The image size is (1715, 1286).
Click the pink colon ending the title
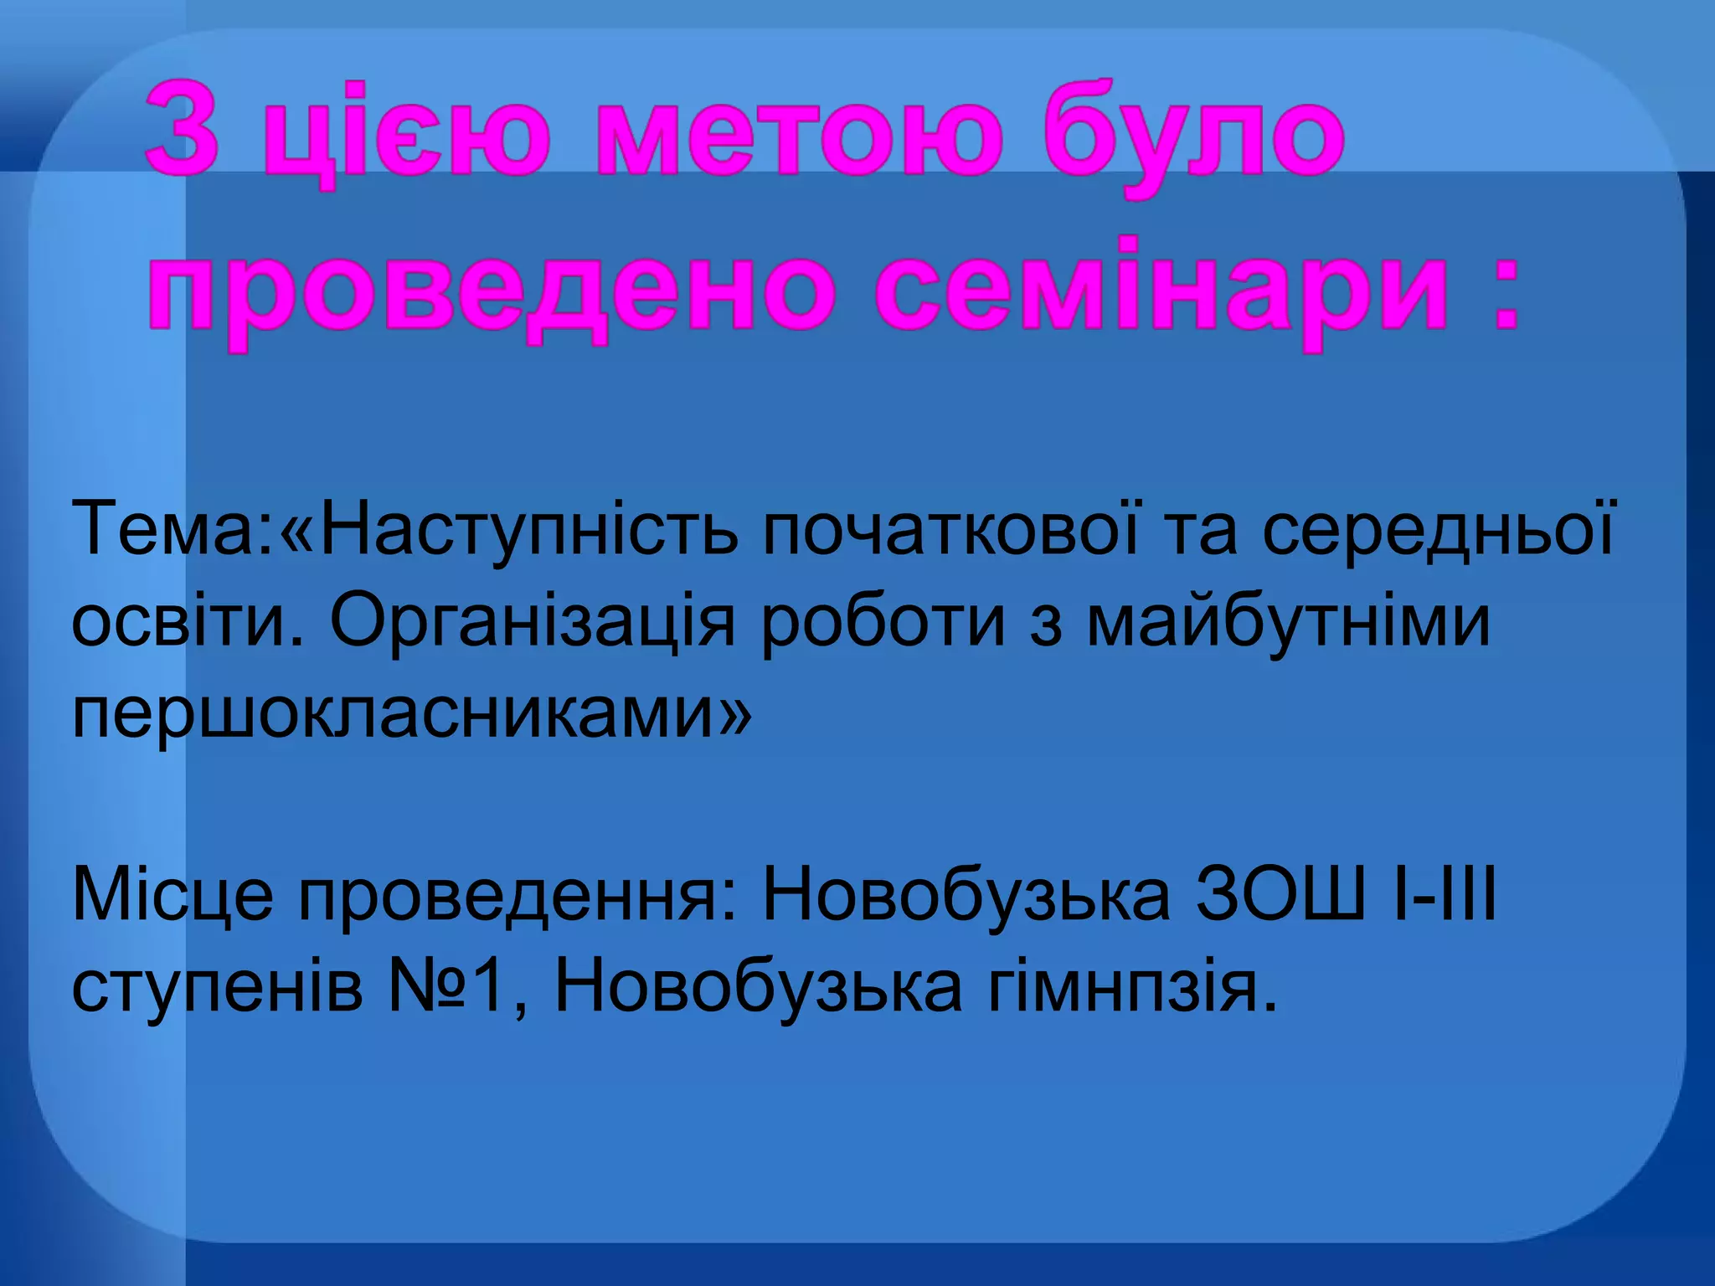pyautogui.click(x=1503, y=297)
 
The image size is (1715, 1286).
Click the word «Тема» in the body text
pyautogui.click(x=167, y=527)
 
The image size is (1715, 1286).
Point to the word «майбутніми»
pyautogui.click(x=1290, y=621)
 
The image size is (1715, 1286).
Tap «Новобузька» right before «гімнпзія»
pyautogui.click(x=759, y=988)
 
